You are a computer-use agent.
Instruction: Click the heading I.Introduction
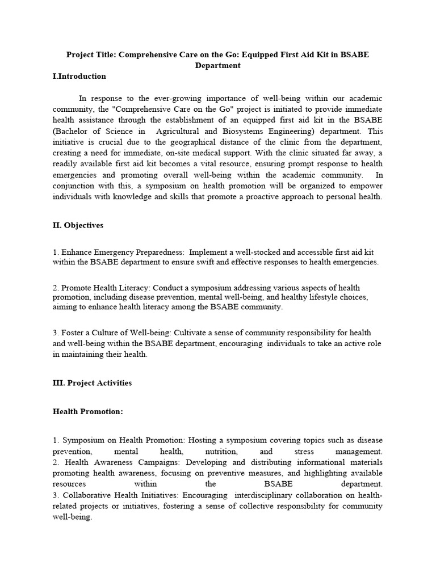(x=79, y=76)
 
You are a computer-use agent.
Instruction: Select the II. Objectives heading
(x=78, y=225)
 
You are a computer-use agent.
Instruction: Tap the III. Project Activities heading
(x=92, y=383)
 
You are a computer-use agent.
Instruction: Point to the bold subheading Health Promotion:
(x=87, y=411)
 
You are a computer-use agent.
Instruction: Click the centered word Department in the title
(x=218, y=65)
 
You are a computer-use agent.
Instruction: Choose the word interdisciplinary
(x=245, y=495)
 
